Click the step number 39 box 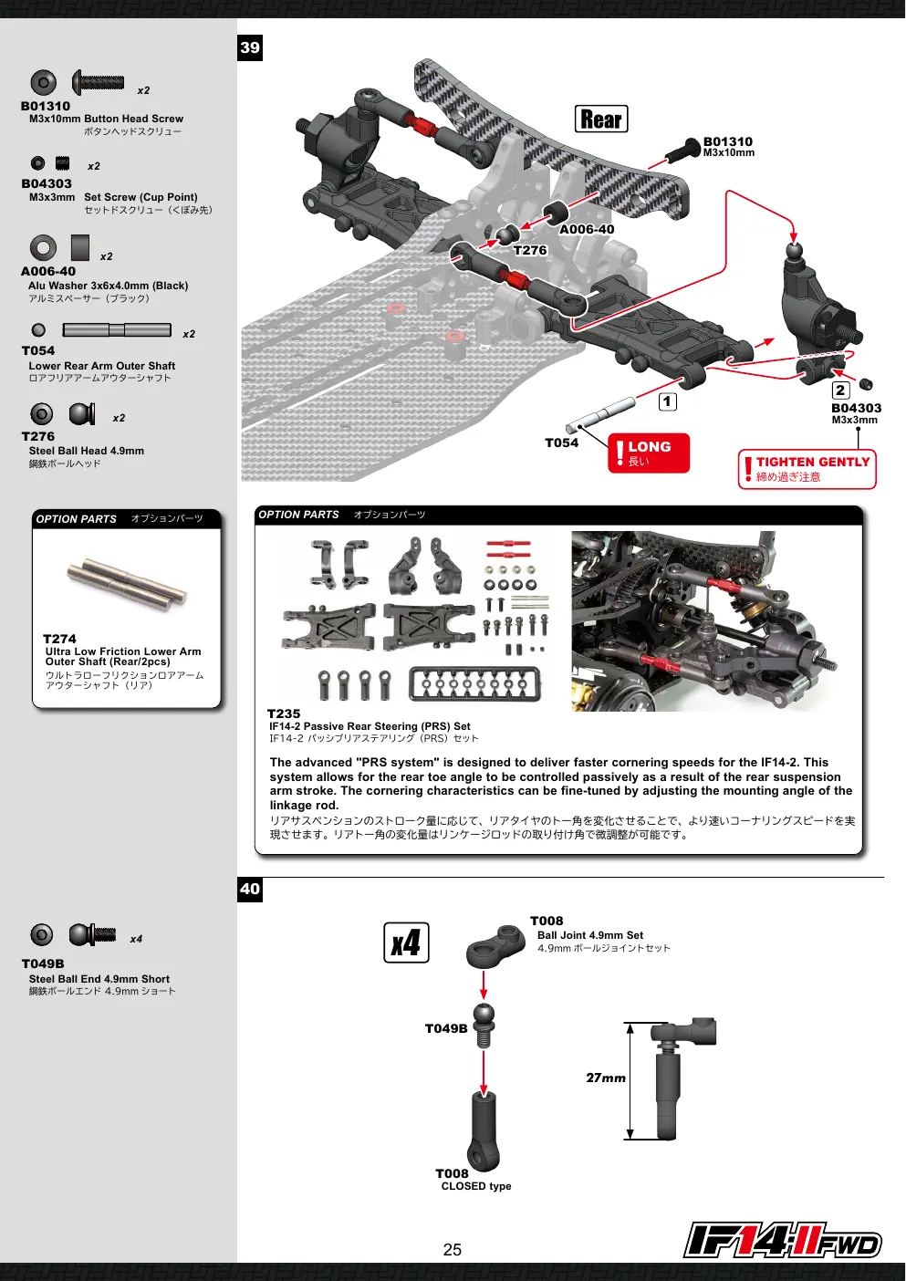[250, 47]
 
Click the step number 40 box [250, 889]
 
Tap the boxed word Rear [601, 119]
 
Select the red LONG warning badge [649, 453]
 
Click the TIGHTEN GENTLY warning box [807, 469]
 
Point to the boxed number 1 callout [668, 401]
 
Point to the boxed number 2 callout [840, 390]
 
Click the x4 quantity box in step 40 [406, 943]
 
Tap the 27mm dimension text [606, 1078]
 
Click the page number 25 [452, 1250]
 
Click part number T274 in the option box [59, 639]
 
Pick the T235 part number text [284, 713]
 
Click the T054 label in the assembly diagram [562, 443]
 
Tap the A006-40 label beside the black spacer [587, 229]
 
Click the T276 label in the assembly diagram [530, 251]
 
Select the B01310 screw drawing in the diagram [683, 151]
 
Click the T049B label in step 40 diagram [446, 1029]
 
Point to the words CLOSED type [476, 1186]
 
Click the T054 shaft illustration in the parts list [117, 330]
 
